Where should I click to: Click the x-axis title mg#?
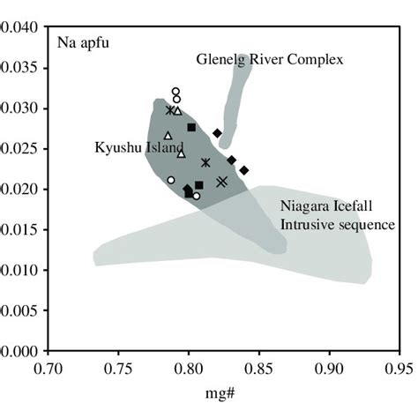coord(222,392)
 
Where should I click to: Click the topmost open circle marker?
coord(175,92)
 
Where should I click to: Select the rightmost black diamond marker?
coord(244,169)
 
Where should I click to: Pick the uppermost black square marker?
coord(191,128)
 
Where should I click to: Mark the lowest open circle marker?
coord(196,195)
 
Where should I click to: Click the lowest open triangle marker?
coord(181,153)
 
